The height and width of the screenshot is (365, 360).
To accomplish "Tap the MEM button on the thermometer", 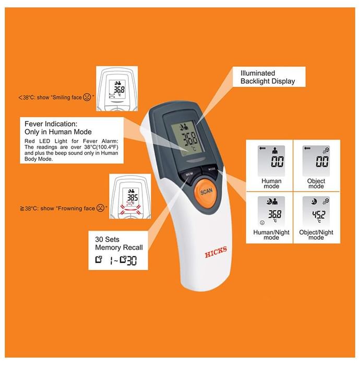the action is point(189,175).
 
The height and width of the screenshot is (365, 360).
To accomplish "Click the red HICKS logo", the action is point(215,252).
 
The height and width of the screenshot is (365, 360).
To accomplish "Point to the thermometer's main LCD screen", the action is point(187,138).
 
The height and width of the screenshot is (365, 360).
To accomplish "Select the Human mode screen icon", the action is point(271,161).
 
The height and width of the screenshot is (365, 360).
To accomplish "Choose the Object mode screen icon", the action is point(316,161).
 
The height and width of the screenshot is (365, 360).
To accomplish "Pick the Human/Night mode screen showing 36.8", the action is point(271,211).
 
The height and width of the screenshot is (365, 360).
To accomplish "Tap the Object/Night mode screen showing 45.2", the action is point(316,211).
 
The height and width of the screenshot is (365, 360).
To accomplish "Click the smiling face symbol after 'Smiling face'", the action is point(87,97).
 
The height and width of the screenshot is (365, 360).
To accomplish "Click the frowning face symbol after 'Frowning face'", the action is point(100,208).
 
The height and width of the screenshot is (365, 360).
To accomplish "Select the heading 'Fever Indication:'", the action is point(51,124).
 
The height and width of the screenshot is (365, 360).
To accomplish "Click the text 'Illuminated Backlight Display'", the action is point(268,77).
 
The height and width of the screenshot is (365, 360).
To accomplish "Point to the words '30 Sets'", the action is point(107,239).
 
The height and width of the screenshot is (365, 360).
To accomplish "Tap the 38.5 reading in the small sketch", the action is point(133,198).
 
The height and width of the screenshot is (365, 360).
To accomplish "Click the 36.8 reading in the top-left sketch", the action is point(119,89).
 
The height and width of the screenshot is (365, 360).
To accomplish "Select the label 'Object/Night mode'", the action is point(316,235).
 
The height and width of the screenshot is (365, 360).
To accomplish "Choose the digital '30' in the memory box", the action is point(131,261).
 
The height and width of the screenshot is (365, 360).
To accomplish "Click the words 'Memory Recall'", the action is point(119,248).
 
